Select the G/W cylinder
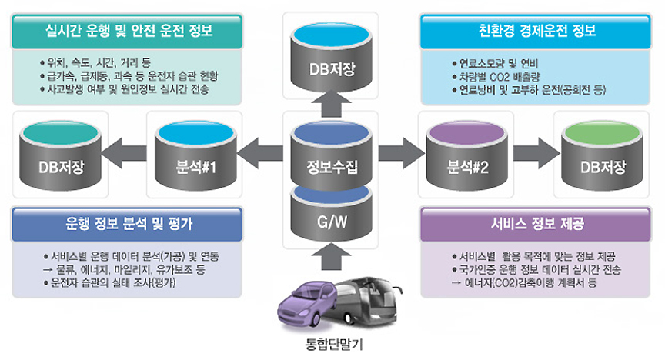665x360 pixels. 332,221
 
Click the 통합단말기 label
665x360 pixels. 333,345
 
